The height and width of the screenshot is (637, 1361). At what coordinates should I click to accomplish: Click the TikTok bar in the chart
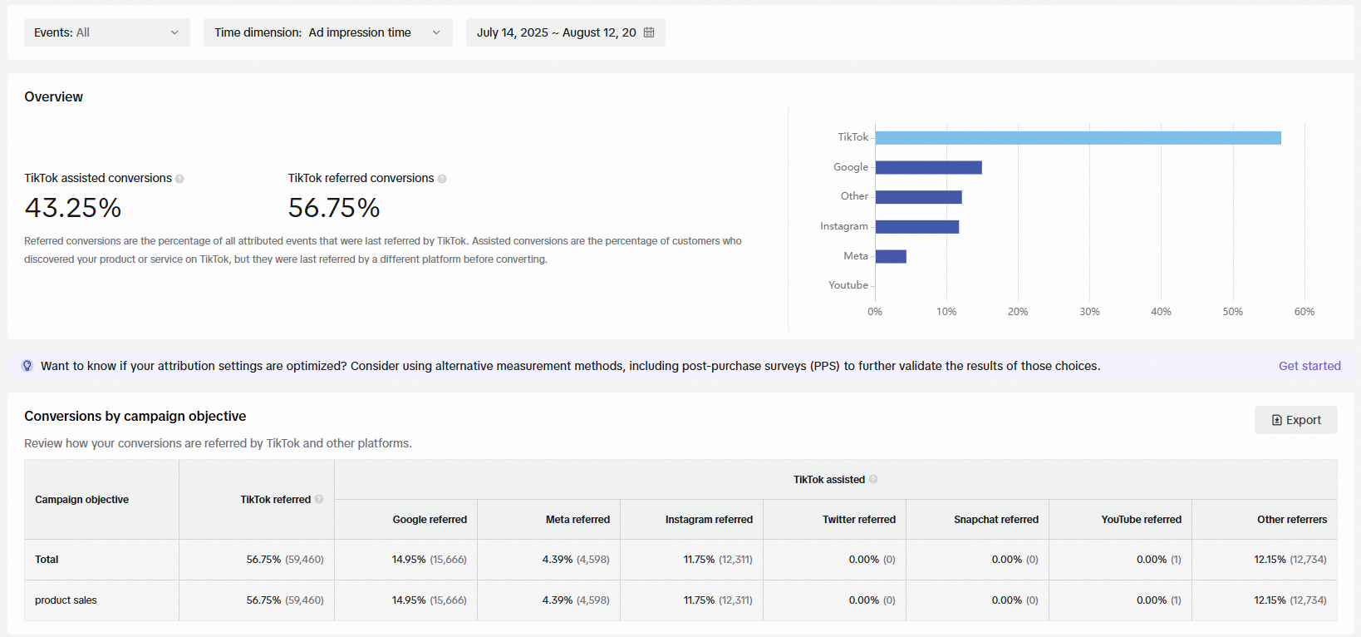(x=1078, y=138)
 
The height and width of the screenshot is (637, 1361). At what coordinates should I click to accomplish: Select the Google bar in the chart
(x=928, y=167)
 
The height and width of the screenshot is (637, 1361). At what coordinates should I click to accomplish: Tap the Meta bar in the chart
(x=891, y=256)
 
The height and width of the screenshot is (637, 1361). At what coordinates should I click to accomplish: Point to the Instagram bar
(x=916, y=227)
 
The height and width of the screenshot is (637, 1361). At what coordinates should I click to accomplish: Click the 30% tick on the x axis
(x=1089, y=312)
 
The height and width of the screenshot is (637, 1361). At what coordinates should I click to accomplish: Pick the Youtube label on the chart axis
(x=848, y=285)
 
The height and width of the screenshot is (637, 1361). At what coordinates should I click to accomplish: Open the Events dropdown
(x=107, y=32)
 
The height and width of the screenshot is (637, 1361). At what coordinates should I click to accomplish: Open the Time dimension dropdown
(x=328, y=32)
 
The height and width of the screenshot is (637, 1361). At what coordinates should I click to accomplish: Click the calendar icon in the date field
(x=649, y=32)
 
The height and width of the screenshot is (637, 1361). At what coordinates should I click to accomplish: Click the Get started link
(x=1309, y=366)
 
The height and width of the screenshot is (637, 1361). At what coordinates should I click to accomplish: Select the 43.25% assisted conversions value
(x=73, y=208)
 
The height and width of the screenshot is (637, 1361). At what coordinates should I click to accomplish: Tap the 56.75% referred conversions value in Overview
(x=333, y=208)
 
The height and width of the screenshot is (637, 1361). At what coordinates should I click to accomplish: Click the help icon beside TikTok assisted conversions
(x=179, y=179)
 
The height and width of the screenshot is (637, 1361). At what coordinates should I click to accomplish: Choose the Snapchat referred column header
(x=996, y=520)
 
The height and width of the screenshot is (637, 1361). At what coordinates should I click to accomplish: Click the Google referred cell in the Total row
(x=429, y=559)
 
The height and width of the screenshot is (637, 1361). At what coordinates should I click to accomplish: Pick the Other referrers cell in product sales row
(x=1290, y=600)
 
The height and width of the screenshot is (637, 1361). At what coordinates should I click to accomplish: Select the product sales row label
(x=66, y=600)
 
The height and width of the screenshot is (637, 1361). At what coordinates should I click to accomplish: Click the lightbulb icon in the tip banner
(x=27, y=366)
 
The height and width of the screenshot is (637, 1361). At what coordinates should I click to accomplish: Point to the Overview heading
(x=53, y=96)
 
